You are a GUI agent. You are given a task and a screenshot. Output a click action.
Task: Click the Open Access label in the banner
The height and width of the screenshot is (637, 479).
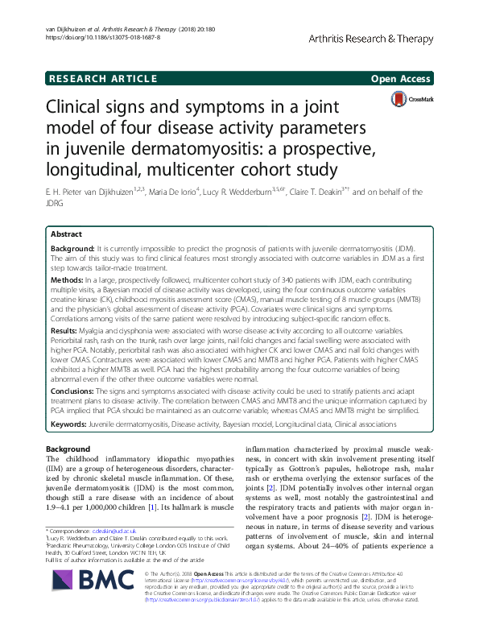[401, 78]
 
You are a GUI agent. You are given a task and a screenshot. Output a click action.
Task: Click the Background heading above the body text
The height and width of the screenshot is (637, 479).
[68, 448]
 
